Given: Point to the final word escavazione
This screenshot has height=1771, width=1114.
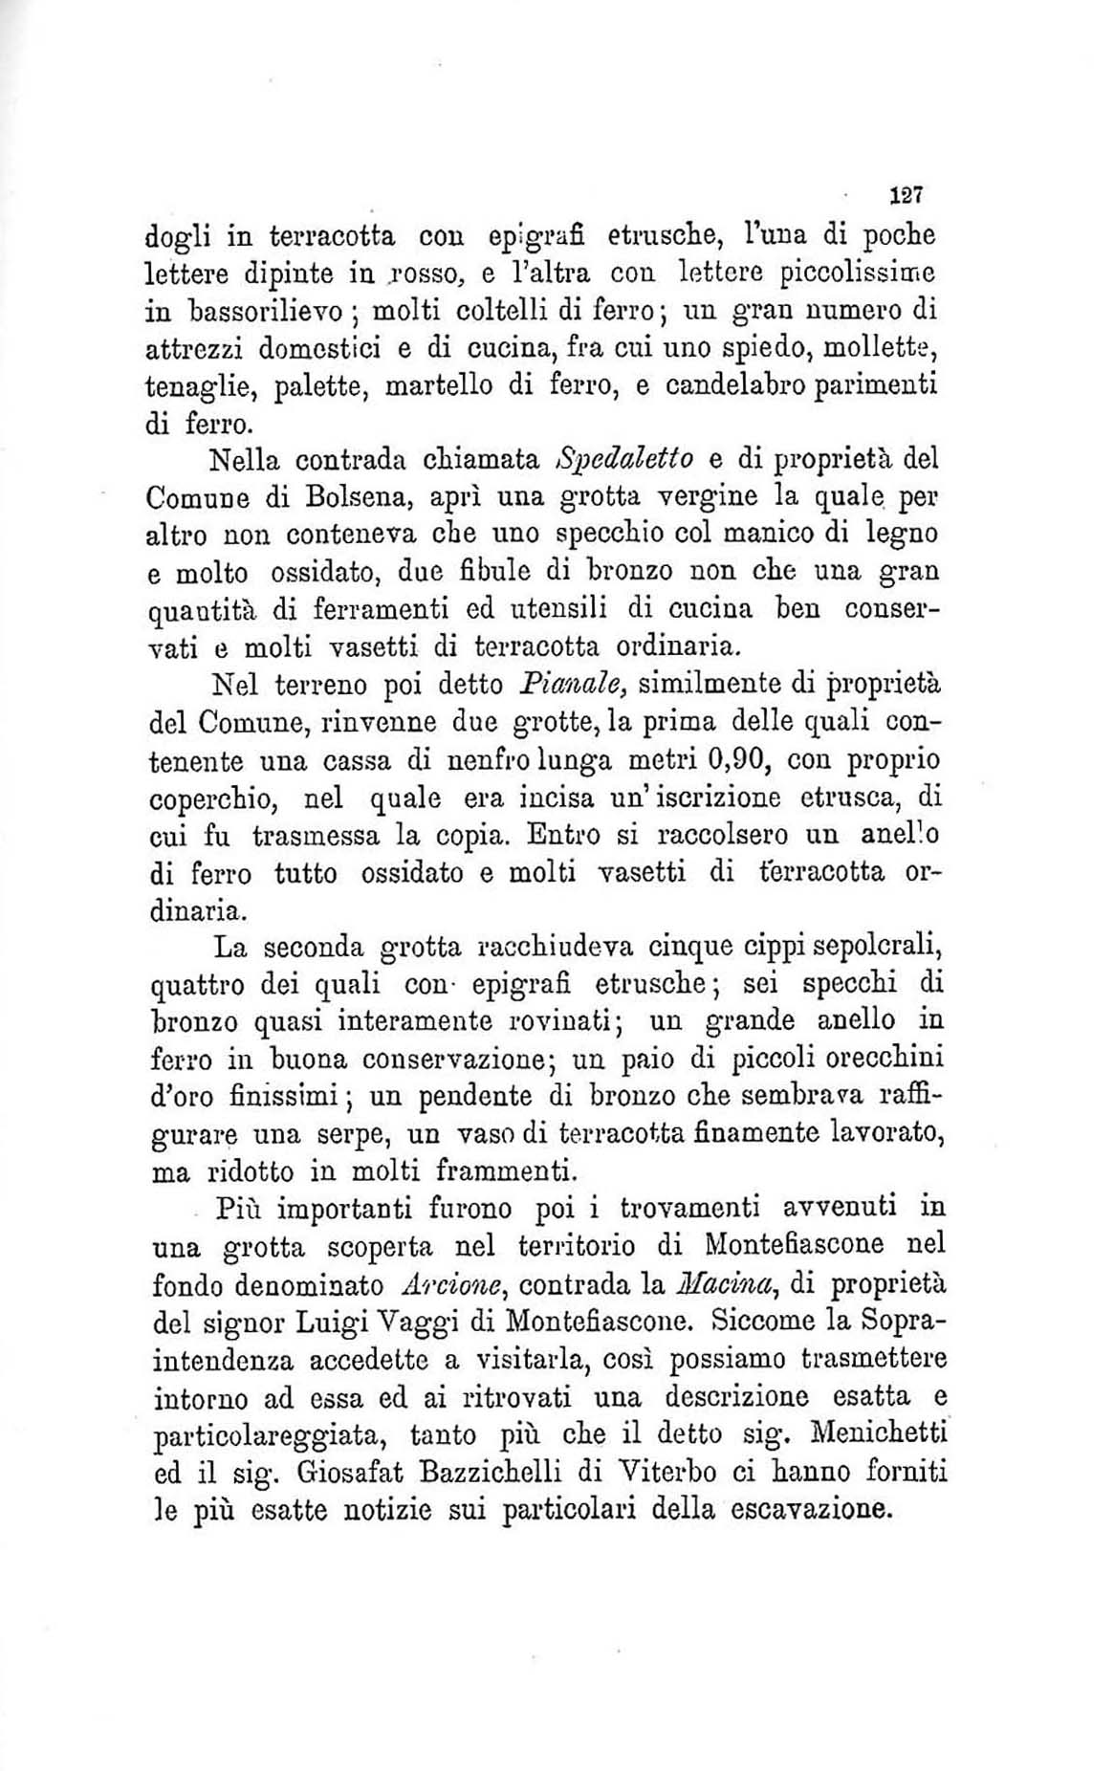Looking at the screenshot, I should click(811, 1511).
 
